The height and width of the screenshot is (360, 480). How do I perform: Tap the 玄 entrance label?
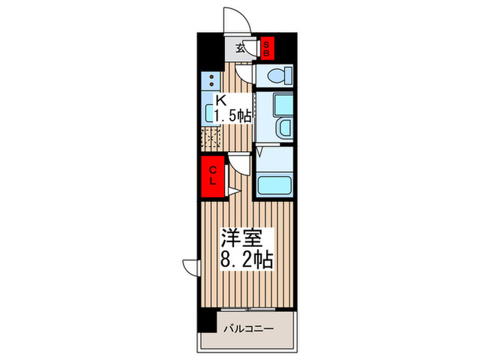pyautogui.click(x=241, y=48)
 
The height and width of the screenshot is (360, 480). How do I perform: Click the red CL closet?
pyautogui.click(x=213, y=176)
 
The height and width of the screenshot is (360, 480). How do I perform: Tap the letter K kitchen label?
pyautogui.click(x=221, y=99)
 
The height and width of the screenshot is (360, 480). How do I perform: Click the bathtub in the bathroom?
pyautogui.click(x=274, y=185)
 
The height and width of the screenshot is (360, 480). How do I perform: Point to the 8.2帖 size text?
pyautogui.click(x=247, y=260)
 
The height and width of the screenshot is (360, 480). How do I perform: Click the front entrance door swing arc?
pyautogui.click(x=235, y=17)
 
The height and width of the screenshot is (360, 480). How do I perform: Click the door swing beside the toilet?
pyautogui.click(x=243, y=71)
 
